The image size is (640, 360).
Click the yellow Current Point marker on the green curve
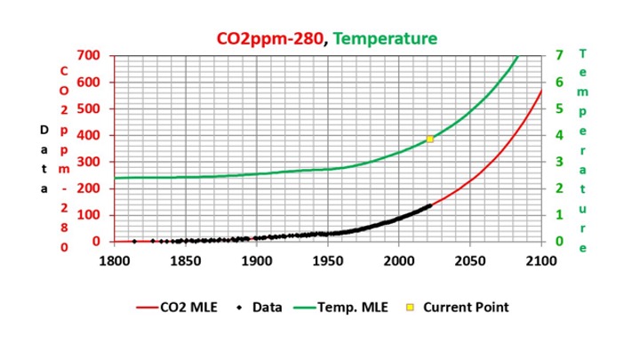430,139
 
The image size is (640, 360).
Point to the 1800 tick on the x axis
114,261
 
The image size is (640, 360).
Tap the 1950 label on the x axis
327,261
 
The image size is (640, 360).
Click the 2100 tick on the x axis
540,261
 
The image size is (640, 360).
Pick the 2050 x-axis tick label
469,261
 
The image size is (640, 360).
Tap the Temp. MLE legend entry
339,308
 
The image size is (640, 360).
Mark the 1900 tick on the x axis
256,261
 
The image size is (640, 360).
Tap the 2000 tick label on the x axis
398,261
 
